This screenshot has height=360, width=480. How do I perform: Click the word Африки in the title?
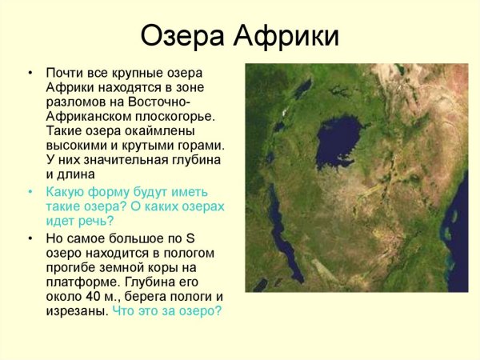point(286,35)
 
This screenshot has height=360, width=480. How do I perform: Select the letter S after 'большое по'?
point(190,238)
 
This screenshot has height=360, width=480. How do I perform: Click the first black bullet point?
point(30,73)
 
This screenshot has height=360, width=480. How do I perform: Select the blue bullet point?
point(30,192)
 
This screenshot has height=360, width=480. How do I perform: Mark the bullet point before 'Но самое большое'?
point(30,238)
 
